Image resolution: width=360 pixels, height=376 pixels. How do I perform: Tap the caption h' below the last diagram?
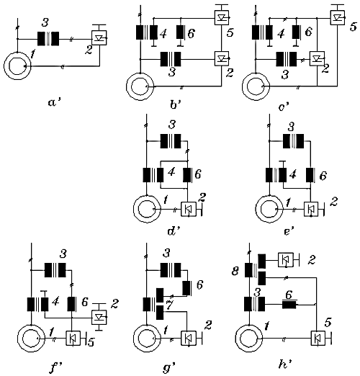coord(285,364)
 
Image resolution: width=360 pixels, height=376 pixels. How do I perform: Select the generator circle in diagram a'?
coord(17,66)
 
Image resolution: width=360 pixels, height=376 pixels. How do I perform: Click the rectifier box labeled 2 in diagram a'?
coord(99,38)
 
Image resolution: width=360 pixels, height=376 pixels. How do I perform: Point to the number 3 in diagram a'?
coord(45,22)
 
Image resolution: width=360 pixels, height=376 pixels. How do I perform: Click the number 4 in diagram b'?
coord(163,34)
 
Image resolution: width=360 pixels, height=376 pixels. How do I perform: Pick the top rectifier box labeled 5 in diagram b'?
coord(222,18)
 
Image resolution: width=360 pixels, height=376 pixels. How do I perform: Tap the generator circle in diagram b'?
coord(140,86)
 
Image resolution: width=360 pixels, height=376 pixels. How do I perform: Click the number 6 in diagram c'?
coord(308,32)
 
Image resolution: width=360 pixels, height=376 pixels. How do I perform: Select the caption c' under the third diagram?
coord(284,106)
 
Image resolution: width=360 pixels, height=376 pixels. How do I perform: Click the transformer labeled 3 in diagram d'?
coord(171,141)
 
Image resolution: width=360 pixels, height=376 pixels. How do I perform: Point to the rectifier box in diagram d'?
coord(189,210)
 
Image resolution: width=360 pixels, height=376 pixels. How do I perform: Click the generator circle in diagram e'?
coord(269,209)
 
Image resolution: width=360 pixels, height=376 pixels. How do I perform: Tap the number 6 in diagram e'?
coord(323,176)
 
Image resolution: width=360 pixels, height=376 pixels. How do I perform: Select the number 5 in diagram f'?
coord(91,343)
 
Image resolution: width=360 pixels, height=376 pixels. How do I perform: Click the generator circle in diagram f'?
coord(31,338)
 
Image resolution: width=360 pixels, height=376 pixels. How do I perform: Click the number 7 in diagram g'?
coord(168,306)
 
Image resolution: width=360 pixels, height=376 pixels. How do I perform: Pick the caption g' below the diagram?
coord(170,367)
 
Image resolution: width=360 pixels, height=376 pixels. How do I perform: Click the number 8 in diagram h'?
coord(235,272)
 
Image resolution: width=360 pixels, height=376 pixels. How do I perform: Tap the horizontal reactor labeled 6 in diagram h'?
coord(289,304)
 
